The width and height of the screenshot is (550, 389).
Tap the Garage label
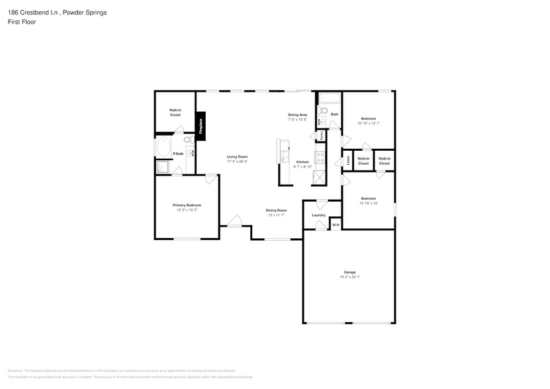click(x=349, y=272)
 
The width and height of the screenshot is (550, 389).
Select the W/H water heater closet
click(x=336, y=226)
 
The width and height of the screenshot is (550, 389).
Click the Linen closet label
click(x=347, y=161)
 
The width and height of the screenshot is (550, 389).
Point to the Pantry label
click(x=321, y=135)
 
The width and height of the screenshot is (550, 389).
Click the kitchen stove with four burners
click(x=320, y=157)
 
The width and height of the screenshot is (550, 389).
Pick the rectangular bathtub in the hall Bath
click(x=329, y=99)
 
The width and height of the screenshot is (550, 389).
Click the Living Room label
click(x=237, y=157)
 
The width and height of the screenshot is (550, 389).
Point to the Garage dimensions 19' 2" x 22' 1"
click(x=349, y=277)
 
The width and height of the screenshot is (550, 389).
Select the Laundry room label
click(x=318, y=215)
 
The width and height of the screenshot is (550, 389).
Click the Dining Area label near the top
click(x=297, y=114)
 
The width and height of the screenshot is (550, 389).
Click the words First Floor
click(x=22, y=22)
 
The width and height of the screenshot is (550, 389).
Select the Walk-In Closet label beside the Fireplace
click(x=175, y=112)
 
